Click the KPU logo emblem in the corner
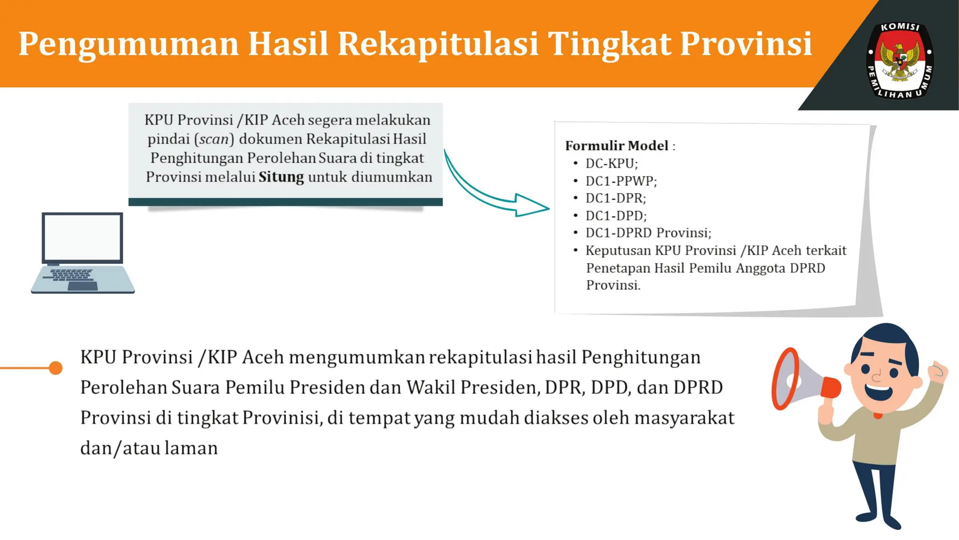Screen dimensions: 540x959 pos(900,60)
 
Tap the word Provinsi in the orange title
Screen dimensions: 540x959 pos(745,44)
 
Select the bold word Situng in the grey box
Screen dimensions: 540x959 pos(281,177)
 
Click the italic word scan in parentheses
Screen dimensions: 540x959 pos(214,139)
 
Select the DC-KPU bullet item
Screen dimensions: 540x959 pos(611,164)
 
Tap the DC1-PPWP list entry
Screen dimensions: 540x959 pos(621,181)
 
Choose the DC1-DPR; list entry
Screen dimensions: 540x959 pos(615,198)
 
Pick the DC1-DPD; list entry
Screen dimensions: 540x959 pos(616,216)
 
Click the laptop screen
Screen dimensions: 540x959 pos(82,237)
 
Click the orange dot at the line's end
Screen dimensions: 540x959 pos(56,368)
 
